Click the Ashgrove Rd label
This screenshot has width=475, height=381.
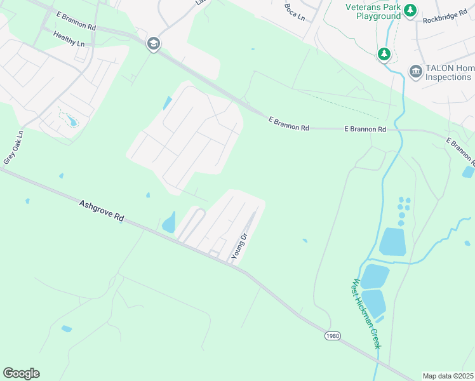(101, 211)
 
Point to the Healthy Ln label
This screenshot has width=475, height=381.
(69, 39)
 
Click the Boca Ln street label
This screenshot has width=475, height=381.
(295, 12)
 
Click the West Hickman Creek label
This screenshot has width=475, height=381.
(366, 313)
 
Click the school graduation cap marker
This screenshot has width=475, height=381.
(152, 44)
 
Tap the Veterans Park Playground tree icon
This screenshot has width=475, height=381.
(411, 10)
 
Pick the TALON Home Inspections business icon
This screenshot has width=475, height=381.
(417, 70)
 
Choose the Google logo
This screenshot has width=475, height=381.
(21, 373)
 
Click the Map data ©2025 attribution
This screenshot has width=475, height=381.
(448, 376)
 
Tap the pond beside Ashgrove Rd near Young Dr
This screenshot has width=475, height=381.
(169, 223)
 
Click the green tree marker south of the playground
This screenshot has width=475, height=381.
(384, 55)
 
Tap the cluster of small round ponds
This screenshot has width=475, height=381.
(403, 210)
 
